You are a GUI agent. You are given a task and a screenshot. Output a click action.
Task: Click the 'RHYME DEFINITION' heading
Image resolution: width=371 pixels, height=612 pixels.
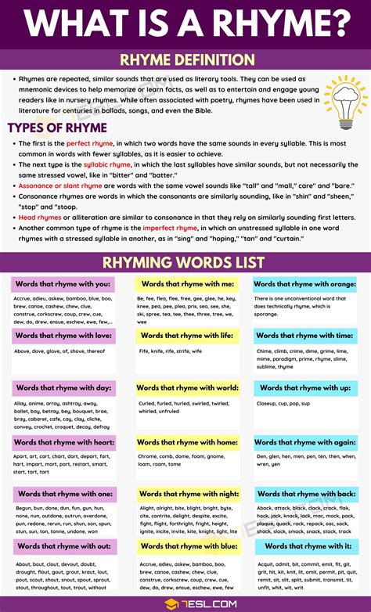click(185, 59)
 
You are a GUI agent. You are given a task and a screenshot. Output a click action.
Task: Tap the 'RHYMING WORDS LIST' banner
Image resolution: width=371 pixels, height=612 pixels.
click(185, 261)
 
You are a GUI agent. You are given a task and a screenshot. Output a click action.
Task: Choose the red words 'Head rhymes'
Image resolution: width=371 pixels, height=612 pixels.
click(34, 214)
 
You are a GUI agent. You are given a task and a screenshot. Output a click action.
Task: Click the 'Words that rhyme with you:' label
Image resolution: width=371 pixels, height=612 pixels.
click(63, 284)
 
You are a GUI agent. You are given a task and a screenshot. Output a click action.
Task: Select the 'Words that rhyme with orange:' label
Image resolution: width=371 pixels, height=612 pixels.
click(305, 284)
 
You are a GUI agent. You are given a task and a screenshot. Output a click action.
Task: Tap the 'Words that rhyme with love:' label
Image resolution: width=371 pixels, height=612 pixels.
click(63, 336)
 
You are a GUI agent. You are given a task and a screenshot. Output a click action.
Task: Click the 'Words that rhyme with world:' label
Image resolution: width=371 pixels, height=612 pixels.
click(187, 388)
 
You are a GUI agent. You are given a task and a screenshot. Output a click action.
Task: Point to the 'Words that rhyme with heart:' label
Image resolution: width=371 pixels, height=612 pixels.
click(63, 443)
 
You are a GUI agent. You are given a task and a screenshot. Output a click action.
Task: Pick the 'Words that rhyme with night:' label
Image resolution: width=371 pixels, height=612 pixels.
click(188, 494)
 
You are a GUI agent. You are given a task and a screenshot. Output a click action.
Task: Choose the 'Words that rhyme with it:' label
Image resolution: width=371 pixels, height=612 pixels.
click(305, 546)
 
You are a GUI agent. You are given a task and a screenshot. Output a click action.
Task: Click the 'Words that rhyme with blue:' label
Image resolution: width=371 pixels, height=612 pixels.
click(188, 546)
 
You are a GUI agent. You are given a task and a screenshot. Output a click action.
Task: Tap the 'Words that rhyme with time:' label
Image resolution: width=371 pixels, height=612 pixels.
click(305, 336)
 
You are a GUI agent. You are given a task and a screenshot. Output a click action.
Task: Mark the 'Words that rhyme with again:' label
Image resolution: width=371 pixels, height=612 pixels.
click(305, 443)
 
